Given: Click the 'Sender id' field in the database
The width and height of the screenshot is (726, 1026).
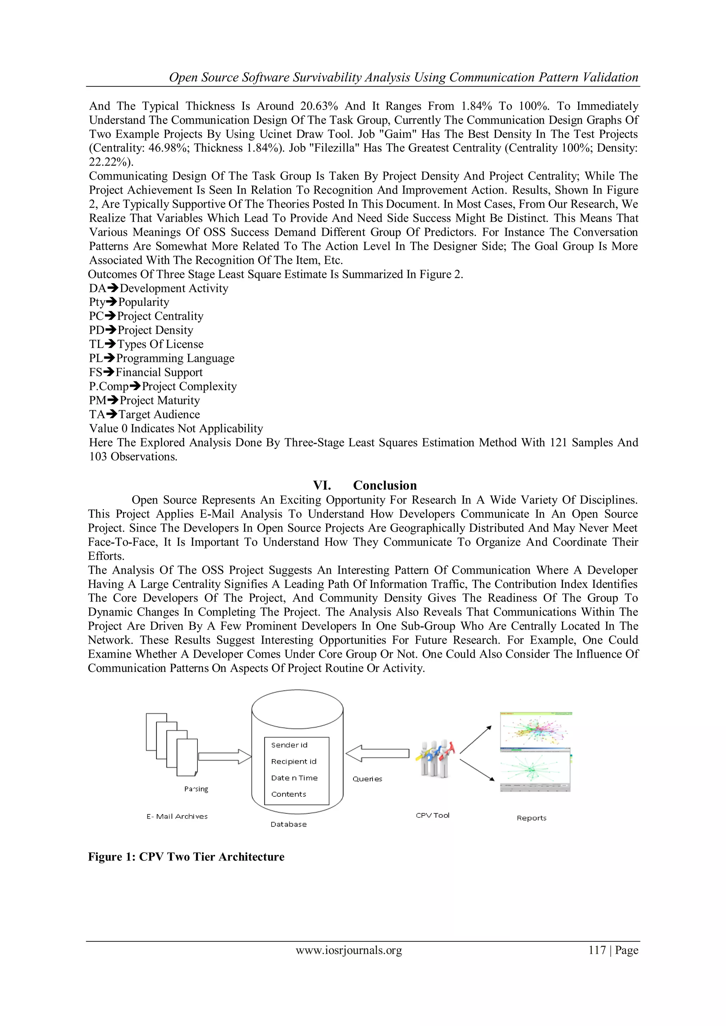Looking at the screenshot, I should [x=289, y=745].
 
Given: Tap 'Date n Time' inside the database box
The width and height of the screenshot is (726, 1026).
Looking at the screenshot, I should [x=294, y=778].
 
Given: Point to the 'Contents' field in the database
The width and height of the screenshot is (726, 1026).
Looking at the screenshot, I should [x=289, y=794].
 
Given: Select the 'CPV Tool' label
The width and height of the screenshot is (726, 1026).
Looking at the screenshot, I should [x=432, y=815].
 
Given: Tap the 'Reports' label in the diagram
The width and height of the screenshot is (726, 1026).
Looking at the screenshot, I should [x=531, y=818].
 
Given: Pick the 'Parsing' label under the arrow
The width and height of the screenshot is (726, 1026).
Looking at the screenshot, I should [x=196, y=789].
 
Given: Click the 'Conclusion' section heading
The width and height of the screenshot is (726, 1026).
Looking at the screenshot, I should [x=385, y=485].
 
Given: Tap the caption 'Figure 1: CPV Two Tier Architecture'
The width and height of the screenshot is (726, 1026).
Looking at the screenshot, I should [x=186, y=857].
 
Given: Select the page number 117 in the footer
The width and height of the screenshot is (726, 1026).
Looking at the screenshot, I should [x=597, y=950].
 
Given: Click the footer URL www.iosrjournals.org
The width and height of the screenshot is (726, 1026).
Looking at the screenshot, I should [x=349, y=950].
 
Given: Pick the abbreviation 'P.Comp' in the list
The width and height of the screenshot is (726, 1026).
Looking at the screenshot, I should [x=108, y=386].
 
